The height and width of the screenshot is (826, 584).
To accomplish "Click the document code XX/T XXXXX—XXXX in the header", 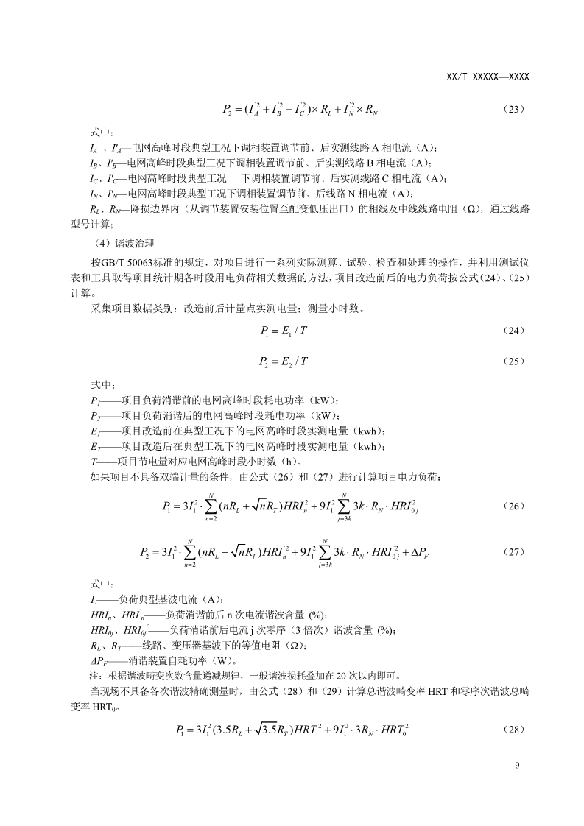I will point(488,77).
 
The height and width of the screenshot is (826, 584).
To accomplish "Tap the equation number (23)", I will point(513,110).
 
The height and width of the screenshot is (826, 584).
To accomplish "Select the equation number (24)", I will point(513,331).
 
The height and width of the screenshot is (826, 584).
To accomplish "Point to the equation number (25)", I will point(513,361).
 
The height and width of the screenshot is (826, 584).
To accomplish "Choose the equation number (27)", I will point(513,551).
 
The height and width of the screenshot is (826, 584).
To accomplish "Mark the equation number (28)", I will point(513,730).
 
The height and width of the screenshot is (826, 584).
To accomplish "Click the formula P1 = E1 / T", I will point(284,331).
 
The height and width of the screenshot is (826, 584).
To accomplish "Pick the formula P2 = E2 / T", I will point(284,361).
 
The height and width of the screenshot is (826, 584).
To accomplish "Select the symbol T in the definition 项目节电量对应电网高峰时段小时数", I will point(94,462).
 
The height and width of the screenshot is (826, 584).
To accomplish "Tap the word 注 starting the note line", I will point(94,674).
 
